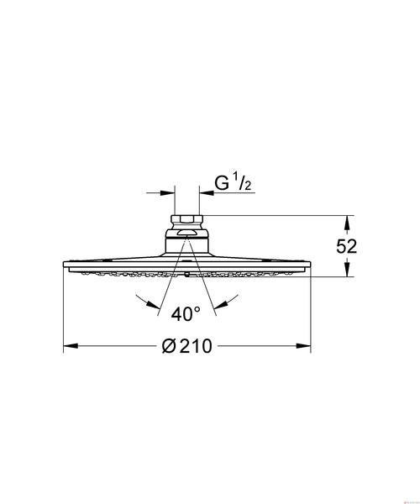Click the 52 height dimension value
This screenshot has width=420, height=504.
[346, 246]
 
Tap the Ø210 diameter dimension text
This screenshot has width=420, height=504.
[187, 346]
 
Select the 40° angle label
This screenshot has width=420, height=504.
[186, 314]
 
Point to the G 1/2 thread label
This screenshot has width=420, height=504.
[233, 183]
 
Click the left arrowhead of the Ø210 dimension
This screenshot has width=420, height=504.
[71, 346]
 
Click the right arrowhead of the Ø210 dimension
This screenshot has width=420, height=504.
[303, 346]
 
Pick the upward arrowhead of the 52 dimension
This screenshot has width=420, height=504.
[346, 223]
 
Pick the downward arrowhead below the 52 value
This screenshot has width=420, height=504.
[346, 270]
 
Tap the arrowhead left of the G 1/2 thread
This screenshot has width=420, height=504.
[167, 193]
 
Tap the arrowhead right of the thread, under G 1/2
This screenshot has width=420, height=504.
[207, 193]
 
